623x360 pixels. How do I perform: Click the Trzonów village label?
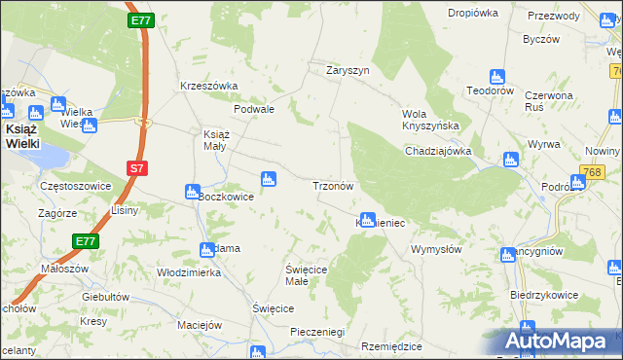[337, 185]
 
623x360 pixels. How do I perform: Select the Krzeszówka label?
[209, 86]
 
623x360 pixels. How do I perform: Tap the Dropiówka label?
[472, 13]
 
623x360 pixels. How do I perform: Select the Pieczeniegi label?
[318, 332]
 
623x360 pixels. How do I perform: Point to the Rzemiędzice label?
[391, 346]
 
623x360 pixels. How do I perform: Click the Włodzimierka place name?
[189, 272]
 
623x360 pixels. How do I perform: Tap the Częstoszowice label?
[70, 185]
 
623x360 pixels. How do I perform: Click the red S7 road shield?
[137, 168]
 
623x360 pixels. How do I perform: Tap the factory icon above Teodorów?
[497, 77]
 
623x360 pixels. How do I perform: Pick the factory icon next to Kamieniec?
[367, 220]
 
